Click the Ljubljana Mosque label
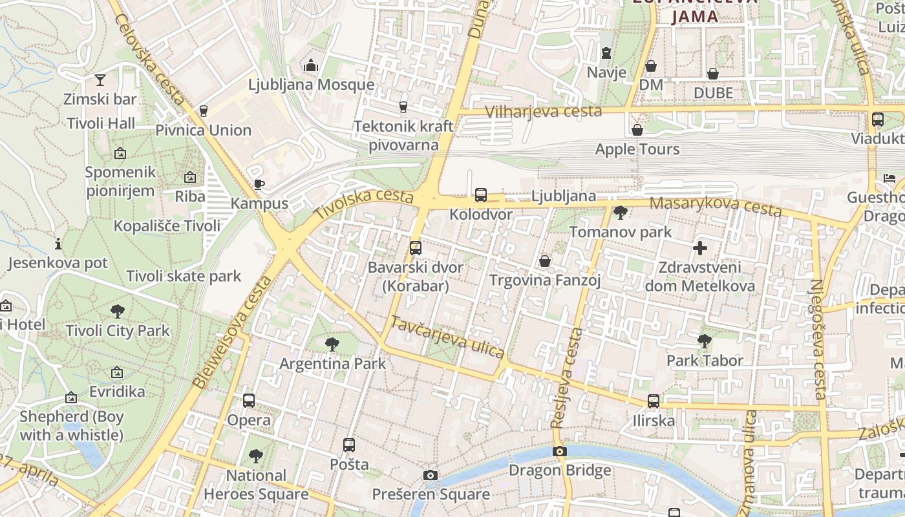[311, 85]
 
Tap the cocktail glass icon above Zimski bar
[100, 80]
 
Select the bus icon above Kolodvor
[480, 195]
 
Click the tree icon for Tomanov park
[621, 212]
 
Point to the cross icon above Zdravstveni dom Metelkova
[699, 248]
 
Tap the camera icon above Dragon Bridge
[560, 452]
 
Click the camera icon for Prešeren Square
[431, 476]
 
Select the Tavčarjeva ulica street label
[447, 337]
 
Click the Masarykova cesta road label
[715, 207]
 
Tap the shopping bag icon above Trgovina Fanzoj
[545, 261]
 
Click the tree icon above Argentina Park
[332, 344]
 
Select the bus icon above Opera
[249, 401]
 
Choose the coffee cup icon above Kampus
[259, 184]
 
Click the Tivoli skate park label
[184, 277]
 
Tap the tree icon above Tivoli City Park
[118, 311]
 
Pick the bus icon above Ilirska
[654, 401]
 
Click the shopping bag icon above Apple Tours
[637, 130]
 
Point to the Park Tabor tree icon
[705, 341]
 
